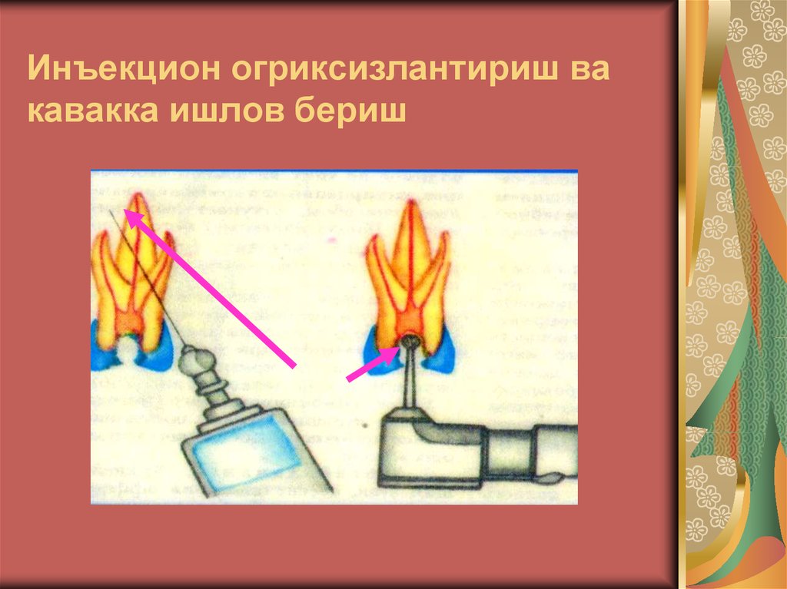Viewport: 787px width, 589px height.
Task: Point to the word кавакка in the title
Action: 88,111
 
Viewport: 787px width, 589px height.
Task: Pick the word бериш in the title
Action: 348,111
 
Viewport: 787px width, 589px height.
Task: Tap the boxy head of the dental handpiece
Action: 419,445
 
